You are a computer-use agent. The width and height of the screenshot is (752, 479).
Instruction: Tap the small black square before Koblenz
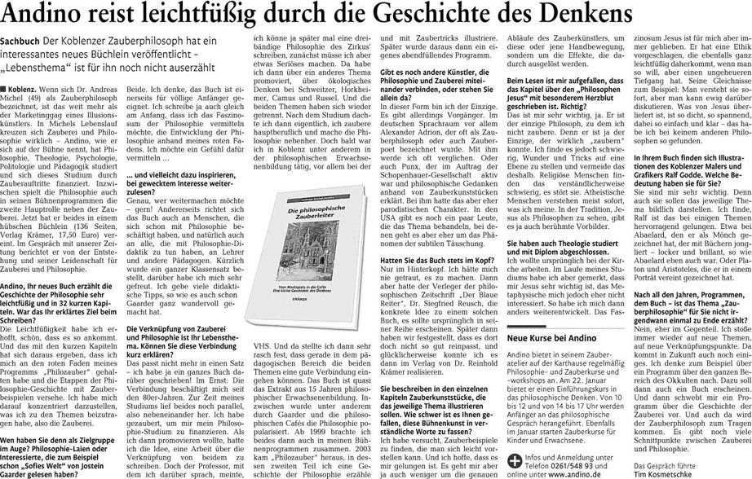[5, 86]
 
